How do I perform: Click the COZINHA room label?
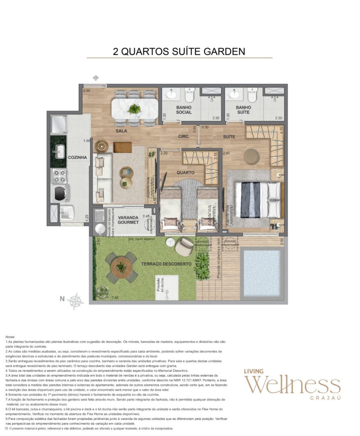(77, 157)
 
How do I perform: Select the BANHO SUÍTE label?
(244, 110)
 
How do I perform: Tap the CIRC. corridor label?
(184, 137)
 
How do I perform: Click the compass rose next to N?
(75, 301)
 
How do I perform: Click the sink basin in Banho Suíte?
(234, 94)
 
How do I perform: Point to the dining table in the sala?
(135, 109)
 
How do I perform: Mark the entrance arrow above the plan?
(96, 78)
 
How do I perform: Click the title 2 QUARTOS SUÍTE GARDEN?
(179, 52)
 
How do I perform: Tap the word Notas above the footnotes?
(10, 336)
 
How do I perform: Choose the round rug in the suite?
(251, 156)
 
